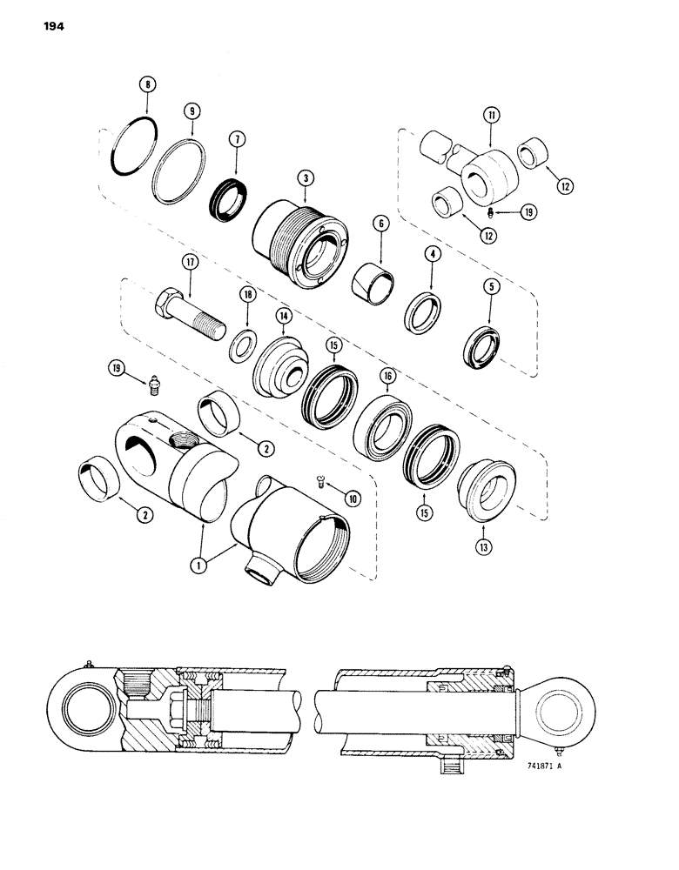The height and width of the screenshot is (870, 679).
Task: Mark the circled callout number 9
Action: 192,112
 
